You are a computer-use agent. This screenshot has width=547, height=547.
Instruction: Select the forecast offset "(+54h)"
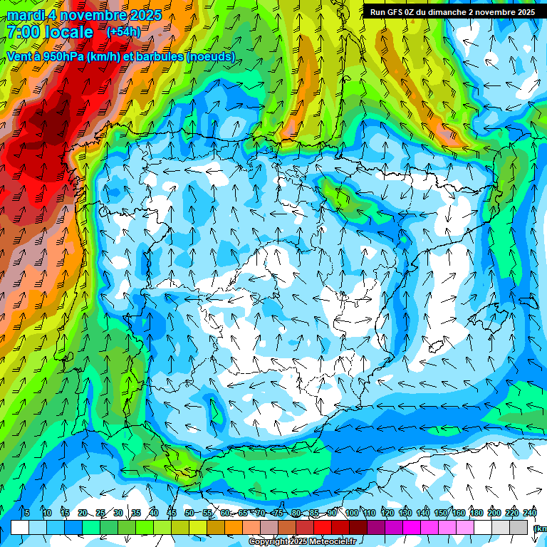123,32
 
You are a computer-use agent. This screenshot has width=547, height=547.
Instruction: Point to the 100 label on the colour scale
352,514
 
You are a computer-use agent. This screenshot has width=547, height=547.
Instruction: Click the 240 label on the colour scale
530,514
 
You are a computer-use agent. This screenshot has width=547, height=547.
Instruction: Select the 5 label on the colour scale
27,514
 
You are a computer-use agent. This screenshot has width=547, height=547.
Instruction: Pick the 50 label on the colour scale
189,514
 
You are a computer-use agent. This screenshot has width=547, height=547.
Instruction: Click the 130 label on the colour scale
405,514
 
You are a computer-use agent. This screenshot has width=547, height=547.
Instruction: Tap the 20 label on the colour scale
83,514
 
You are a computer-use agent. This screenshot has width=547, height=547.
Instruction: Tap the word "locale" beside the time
68,32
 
